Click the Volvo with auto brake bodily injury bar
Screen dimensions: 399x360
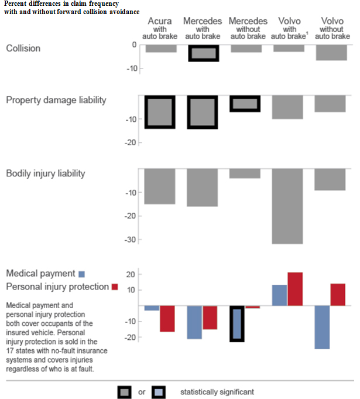(x=287, y=206)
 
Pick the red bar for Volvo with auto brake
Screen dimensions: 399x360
(x=295, y=289)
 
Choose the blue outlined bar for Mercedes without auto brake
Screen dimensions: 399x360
(x=236, y=323)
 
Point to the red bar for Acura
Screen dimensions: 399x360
(x=167, y=319)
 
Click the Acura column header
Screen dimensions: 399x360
(x=160, y=28)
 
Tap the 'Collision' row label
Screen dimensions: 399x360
(x=23, y=49)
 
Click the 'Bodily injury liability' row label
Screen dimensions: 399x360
(x=46, y=173)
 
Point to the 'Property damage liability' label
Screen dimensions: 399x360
(x=56, y=100)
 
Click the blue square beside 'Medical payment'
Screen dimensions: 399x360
(x=82, y=274)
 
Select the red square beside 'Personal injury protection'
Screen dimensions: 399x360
(x=115, y=287)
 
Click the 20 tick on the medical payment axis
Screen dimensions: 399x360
(x=132, y=274)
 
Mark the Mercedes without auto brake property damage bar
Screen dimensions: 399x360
(x=245, y=104)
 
